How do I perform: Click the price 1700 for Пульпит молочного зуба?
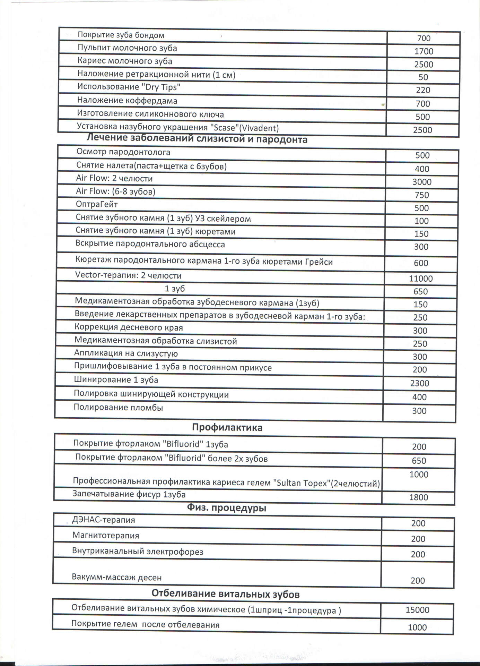[424, 51]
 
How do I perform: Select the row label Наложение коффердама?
[127, 101]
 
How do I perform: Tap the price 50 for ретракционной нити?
[423, 77]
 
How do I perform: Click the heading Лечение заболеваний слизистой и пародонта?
[197, 139]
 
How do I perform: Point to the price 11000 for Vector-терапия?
[421, 279]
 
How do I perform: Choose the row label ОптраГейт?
[97, 204]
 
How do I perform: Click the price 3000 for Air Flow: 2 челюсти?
[422, 182]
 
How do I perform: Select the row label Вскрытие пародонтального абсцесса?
[150, 244]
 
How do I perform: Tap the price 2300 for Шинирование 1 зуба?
[419, 383]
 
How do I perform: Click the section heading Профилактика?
[227, 427]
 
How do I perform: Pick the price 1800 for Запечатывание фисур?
[418, 497]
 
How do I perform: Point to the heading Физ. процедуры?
[226, 508]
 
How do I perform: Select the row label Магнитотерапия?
[106, 535]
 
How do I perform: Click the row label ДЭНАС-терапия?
[103, 520]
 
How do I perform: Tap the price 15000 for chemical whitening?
[417, 610]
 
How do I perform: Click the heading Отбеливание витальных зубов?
[225, 594]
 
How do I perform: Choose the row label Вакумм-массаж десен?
[116, 577]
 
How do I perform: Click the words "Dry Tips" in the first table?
[161, 87]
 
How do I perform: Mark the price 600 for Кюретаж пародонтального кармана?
[421, 263]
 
